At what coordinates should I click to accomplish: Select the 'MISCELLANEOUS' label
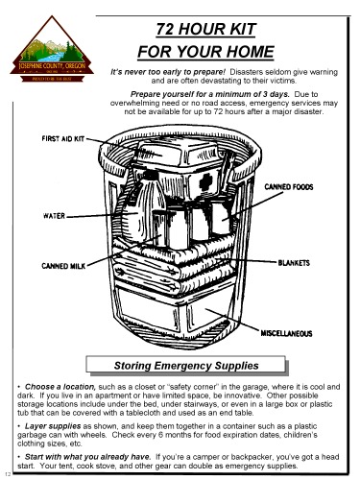point(293,333)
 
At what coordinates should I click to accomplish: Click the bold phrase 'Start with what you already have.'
point(94,459)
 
